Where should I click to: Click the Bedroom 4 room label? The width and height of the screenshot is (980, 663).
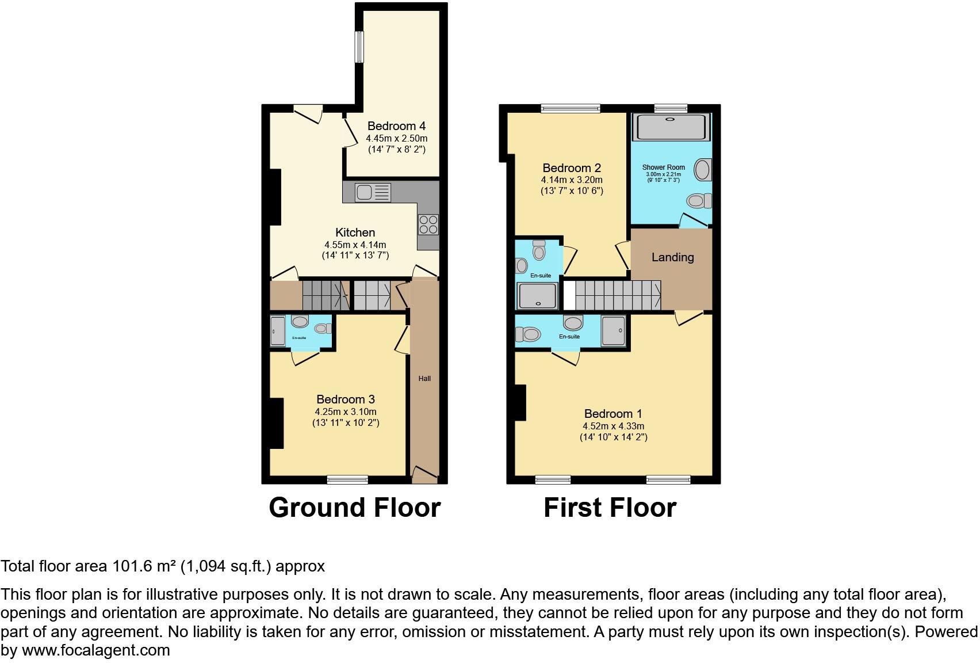(396, 126)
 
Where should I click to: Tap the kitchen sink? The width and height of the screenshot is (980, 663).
(373, 192)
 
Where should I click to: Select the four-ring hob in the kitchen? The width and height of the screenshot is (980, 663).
(428, 224)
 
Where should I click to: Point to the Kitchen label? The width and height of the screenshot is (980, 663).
(355, 233)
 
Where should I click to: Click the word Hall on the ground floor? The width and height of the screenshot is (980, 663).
(424, 378)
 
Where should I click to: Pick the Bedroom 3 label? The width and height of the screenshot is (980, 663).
(346, 399)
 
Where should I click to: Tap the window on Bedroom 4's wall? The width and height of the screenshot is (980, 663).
(359, 47)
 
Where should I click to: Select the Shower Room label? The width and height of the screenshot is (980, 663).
(664, 167)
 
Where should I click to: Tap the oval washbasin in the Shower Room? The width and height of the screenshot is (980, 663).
(702, 170)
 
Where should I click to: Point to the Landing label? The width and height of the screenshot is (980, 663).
(672, 257)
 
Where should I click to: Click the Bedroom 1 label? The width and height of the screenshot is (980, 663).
(613, 414)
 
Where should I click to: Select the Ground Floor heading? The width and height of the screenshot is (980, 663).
(354, 508)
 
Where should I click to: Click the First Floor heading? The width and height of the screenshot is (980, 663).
(610, 508)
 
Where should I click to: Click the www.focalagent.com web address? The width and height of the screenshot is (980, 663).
(96, 650)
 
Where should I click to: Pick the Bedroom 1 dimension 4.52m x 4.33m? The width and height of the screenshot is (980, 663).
(613, 426)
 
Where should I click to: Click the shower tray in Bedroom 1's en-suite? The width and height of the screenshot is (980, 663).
(614, 331)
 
